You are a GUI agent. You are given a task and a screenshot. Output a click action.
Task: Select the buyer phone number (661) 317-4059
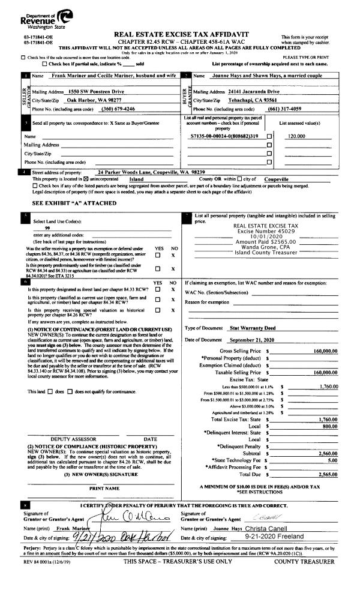coord(286,109)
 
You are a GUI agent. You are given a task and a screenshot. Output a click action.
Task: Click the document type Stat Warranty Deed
coord(253,328)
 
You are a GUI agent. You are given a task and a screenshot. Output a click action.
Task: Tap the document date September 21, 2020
coord(253,340)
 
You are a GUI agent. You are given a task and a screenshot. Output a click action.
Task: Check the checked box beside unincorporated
coord(85,179)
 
